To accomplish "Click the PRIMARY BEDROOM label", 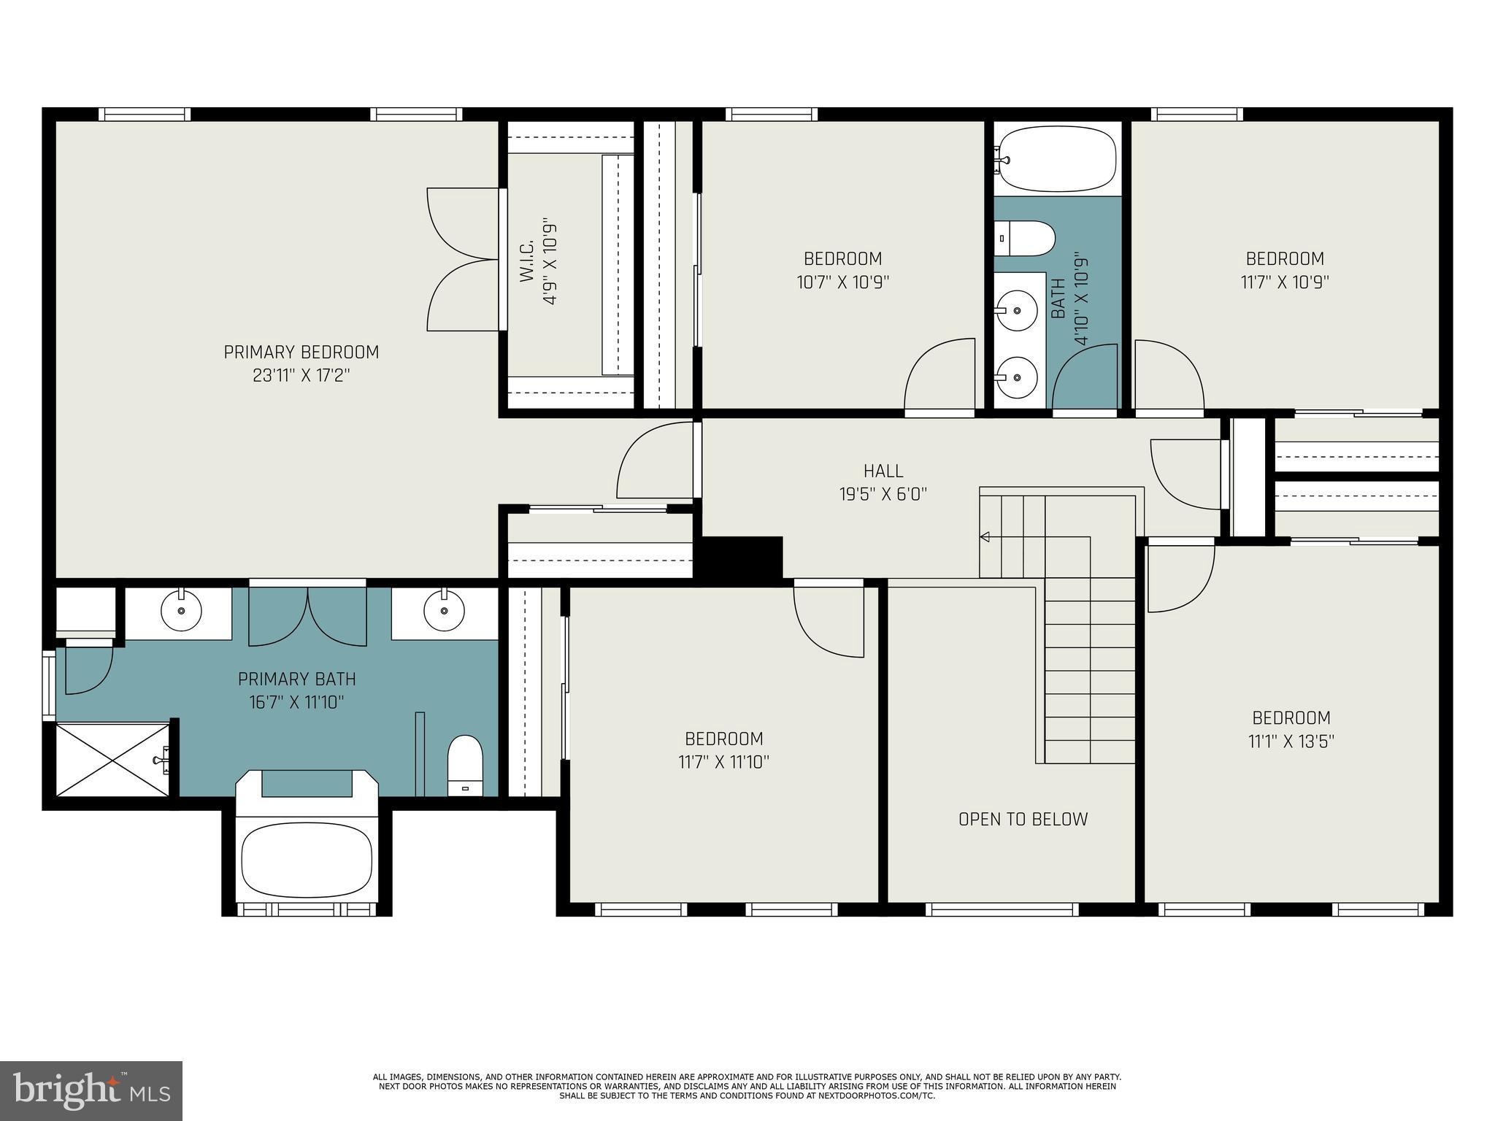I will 301,353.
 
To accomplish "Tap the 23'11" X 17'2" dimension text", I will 301,376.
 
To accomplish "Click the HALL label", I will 883,471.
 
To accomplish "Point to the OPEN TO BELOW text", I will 1023,819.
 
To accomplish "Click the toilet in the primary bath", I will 465,764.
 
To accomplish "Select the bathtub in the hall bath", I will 1057,158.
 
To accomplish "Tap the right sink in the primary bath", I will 443,610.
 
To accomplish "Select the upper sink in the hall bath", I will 1017,310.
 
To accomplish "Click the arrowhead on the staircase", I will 985,537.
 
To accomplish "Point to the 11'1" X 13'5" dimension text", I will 1291,741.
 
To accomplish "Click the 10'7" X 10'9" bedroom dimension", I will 842,282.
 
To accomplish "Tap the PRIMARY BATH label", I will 296,679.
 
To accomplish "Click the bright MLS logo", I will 91,1091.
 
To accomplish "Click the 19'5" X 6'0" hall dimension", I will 883,494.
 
